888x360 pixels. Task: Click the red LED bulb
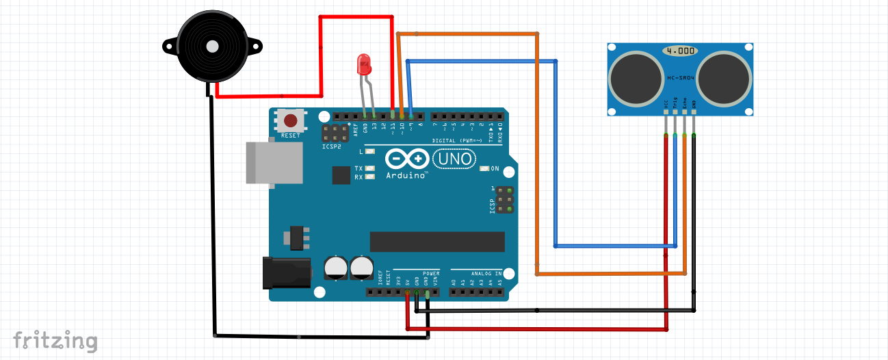(363, 65)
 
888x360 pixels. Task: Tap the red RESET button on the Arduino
(291, 121)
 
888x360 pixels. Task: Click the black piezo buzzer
(211, 47)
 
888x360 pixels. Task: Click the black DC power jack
(287, 272)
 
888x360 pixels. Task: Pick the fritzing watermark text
(55, 340)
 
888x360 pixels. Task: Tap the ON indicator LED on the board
(485, 168)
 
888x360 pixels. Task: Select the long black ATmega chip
(437, 241)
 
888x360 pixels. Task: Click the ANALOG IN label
(485, 272)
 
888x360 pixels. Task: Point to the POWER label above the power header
(431, 272)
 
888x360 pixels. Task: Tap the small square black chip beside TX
(341, 176)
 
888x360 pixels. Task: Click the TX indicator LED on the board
(370, 168)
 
